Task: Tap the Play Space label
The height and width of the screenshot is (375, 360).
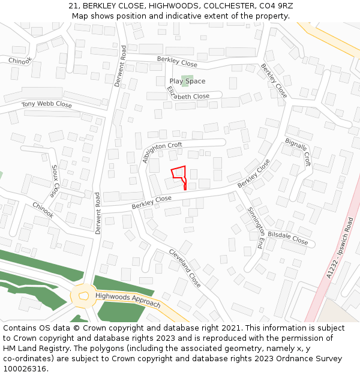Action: pyautogui.click(x=187, y=81)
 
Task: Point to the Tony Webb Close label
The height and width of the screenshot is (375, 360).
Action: pyautogui.click(x=47, y=104)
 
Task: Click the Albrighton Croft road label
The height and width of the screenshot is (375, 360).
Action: pyautogui.click(x=162, y=151)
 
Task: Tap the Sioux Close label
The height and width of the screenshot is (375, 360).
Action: pyautogui.click(x=55, y=181)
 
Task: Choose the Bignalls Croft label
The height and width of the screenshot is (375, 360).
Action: pyautogui.click(x=298, y=152)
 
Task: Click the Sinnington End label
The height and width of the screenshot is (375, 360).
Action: pyautogui.click(x=256, y=228)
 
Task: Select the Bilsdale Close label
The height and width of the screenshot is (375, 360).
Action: pyautogui.click(x=287, y=238)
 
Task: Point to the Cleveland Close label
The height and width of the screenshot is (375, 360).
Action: pyautogui.click(x=185, y=267)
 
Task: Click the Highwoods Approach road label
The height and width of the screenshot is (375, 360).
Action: pyautogui.click(x=128, y=300)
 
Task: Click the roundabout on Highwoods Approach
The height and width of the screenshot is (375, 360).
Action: pyautogui.click(x=83, y=296)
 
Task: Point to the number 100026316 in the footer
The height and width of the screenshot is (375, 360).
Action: pyautogui.click(x=25, y=368)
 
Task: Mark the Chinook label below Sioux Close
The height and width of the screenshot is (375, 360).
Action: pyautogui.click(x=43, y=210)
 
